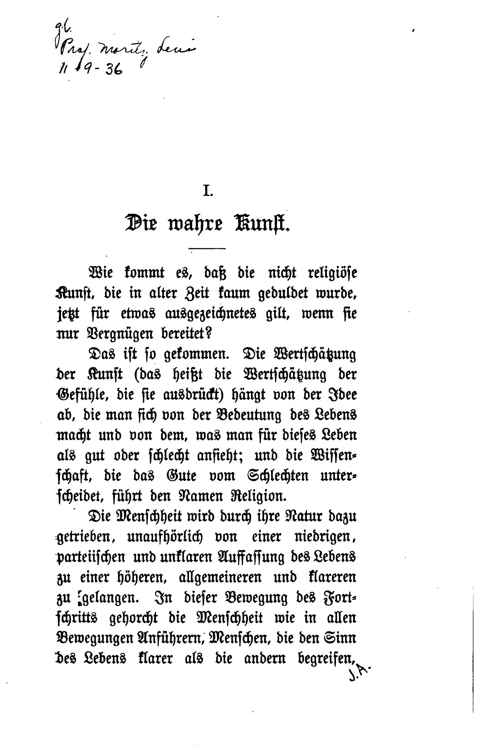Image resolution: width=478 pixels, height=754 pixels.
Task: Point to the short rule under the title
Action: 207,249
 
